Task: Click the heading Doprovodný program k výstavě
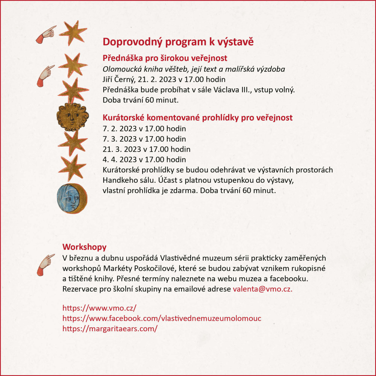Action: click(x=178, y=42)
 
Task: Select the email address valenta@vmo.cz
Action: click(x=262, y=289)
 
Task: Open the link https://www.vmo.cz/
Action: click(x=99, y=308)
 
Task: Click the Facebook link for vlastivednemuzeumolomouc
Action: click(x=162, y=318)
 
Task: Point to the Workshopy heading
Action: click(x=84, y=247)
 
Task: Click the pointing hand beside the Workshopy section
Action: click(x=45, y=264)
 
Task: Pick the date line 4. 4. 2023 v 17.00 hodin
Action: click(x=144, y=159)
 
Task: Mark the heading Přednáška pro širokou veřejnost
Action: click(x=165, y=59)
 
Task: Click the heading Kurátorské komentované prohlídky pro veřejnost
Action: click(x=197, y=118)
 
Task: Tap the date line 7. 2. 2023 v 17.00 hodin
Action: click(x=144, y=129)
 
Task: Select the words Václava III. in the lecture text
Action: click(x=232, y=90)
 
